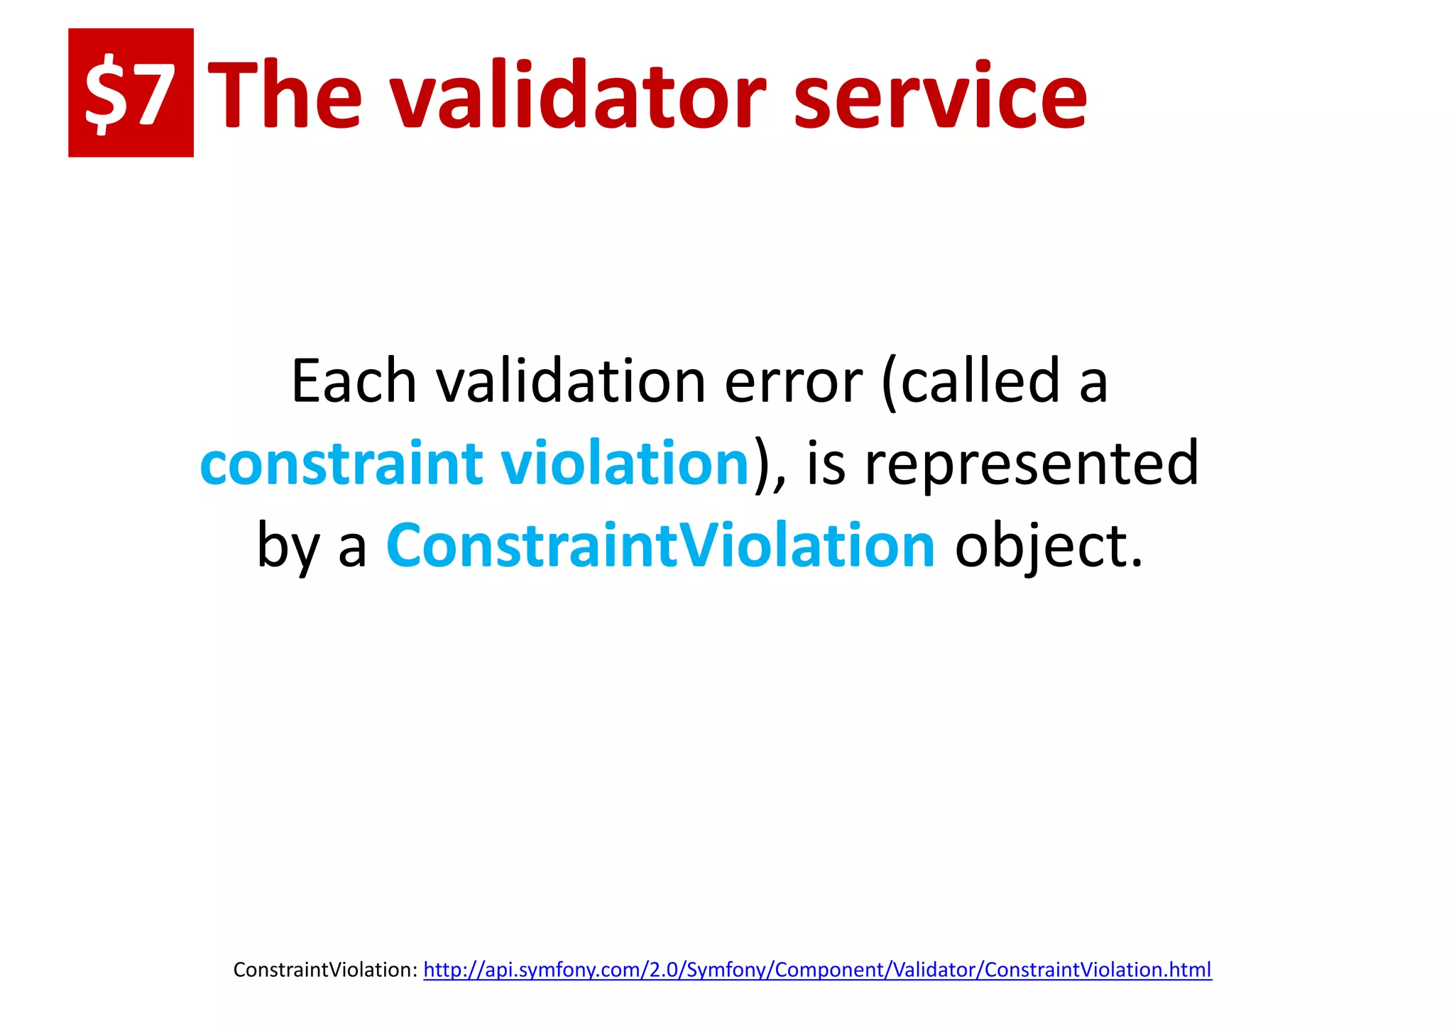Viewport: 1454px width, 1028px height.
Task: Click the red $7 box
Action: tap(131, 92)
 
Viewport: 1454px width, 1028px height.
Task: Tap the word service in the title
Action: tap(940, 96)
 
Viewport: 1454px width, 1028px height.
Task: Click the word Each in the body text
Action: tap(354, 382)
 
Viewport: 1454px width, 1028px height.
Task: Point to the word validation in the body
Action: tap(571, 382)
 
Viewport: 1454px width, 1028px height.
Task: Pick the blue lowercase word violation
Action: tap(625, 464)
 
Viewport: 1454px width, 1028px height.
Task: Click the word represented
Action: tap(1032, 464)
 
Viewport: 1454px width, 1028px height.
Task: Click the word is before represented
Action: tap(826, 464)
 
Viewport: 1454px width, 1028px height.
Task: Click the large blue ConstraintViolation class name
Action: tap(660, 545)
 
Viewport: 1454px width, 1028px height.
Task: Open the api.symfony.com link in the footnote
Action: tap(817, 970)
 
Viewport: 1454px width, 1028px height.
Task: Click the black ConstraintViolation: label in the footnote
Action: tap(325, 970)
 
